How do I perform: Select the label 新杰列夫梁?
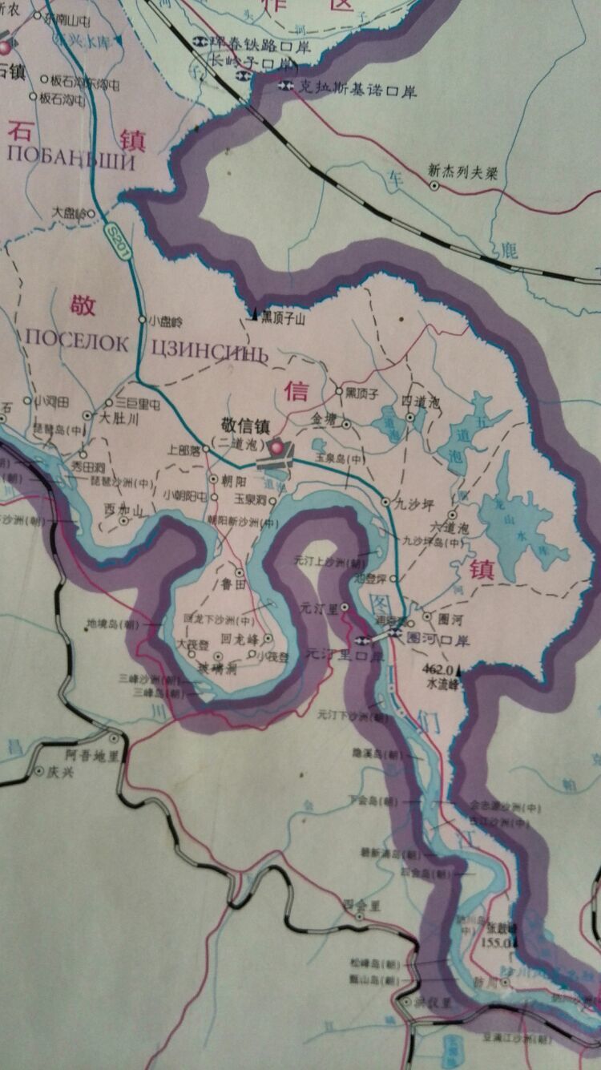[464, 171]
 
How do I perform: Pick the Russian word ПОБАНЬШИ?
[71, 155]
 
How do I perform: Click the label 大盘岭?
[68, 214]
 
